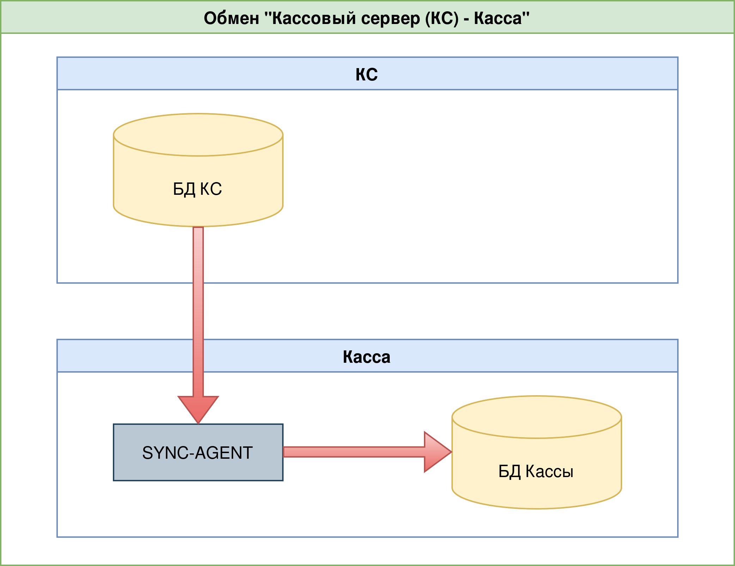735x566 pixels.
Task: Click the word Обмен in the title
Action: pos(231,18)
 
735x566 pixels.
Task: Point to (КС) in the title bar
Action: pos(442,18)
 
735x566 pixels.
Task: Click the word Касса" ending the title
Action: pos(502,18)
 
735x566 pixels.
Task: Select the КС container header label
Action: pos(367,74)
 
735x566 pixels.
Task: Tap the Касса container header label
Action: pos(367,357)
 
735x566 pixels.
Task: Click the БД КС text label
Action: pos(198,189)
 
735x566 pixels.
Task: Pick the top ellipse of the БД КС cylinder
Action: pos(198,135)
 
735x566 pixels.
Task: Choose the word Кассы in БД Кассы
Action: pos(549,471)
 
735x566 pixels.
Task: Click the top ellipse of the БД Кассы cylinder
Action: pos(537,417)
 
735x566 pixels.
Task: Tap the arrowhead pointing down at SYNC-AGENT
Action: pos(198,408)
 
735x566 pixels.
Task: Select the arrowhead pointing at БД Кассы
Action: pos(436,452)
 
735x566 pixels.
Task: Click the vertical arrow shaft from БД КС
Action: pos(198,311)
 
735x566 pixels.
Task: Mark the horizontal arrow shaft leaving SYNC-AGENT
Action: pos(353,452)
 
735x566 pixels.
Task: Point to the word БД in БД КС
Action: pos(184,189)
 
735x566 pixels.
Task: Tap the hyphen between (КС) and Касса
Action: pos(466,19)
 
